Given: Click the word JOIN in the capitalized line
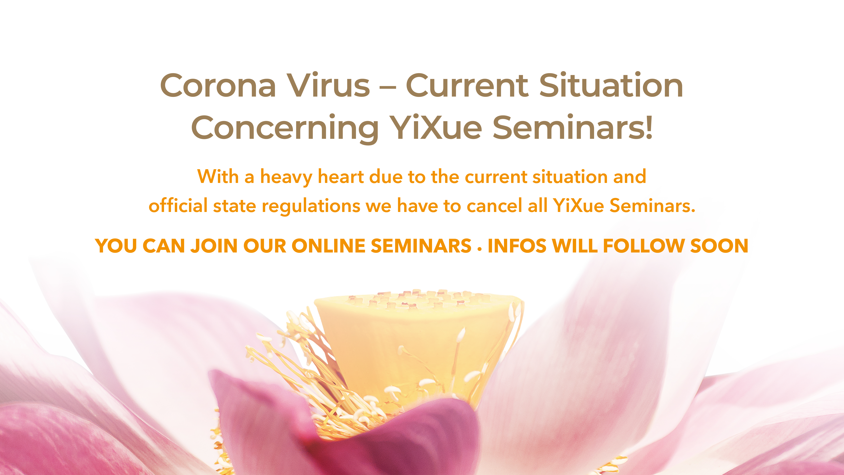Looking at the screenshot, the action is (x=214, y=246).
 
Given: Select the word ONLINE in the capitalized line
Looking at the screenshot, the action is (x=329, y=246).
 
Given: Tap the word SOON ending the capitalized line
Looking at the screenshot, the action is (x=719, y=246).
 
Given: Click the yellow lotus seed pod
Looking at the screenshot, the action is (x=416, y=344).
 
